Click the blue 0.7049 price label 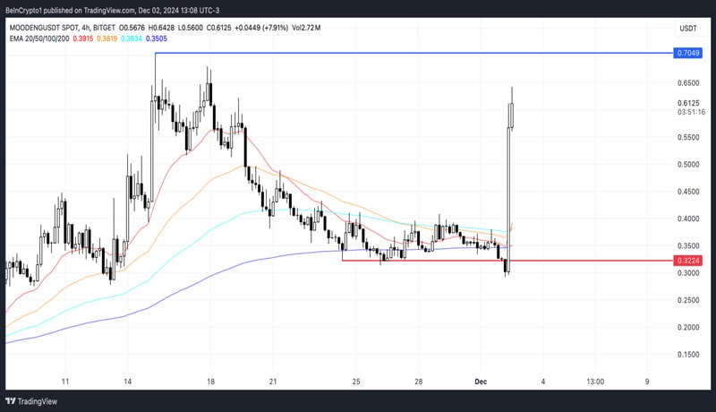pyautogui.click(x=687, y=54)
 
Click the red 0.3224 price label pyautogui.click(x=687, y=261)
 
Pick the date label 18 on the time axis pyautogui.click(x=209, y=382)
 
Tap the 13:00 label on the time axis pyautogui.click(x=595, y=382)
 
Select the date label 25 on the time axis pyautogui.click(x=356, y=382)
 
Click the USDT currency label pyautogui.click(x=687, y=29)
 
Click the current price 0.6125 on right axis pyautogui.click(x=687, y=103)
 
